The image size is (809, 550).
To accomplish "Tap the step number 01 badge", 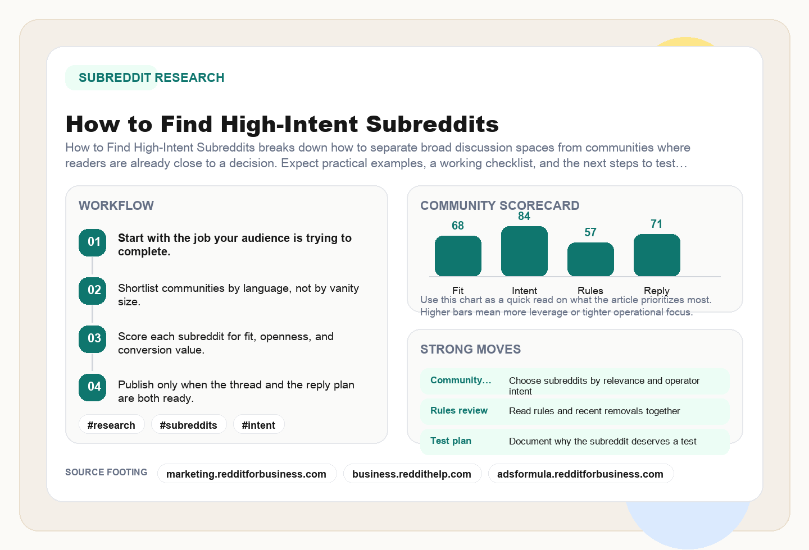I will coord(93,242).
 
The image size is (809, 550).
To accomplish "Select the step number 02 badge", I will coord(93,291).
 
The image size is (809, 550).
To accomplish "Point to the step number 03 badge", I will coord(93,339).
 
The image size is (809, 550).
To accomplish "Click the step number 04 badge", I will coord(93,387).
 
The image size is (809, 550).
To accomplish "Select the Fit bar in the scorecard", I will coord(458,256).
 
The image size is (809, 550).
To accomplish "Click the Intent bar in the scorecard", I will coord(524,251).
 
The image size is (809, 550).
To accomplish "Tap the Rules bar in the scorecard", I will coord(590,259).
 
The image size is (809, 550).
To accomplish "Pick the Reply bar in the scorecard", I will coord(657,255).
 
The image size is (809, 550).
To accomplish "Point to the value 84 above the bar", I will coord(524,217).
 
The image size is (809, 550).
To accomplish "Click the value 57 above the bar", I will coord(590,232).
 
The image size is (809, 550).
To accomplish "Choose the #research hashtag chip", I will coord(111,425).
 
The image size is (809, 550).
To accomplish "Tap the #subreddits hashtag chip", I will coord(188,425).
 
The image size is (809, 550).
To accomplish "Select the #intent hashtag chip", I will coord(258,425).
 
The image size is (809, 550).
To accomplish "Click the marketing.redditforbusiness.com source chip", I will coord(246,474).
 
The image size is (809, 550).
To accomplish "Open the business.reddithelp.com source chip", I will coord(412,474).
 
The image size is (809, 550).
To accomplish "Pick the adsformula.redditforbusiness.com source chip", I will coord(580,474).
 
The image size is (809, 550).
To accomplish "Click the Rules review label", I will coord(459,411).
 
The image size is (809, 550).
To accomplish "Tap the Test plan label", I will coord(451,441).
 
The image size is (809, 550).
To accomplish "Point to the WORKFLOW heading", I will coord(116,205).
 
